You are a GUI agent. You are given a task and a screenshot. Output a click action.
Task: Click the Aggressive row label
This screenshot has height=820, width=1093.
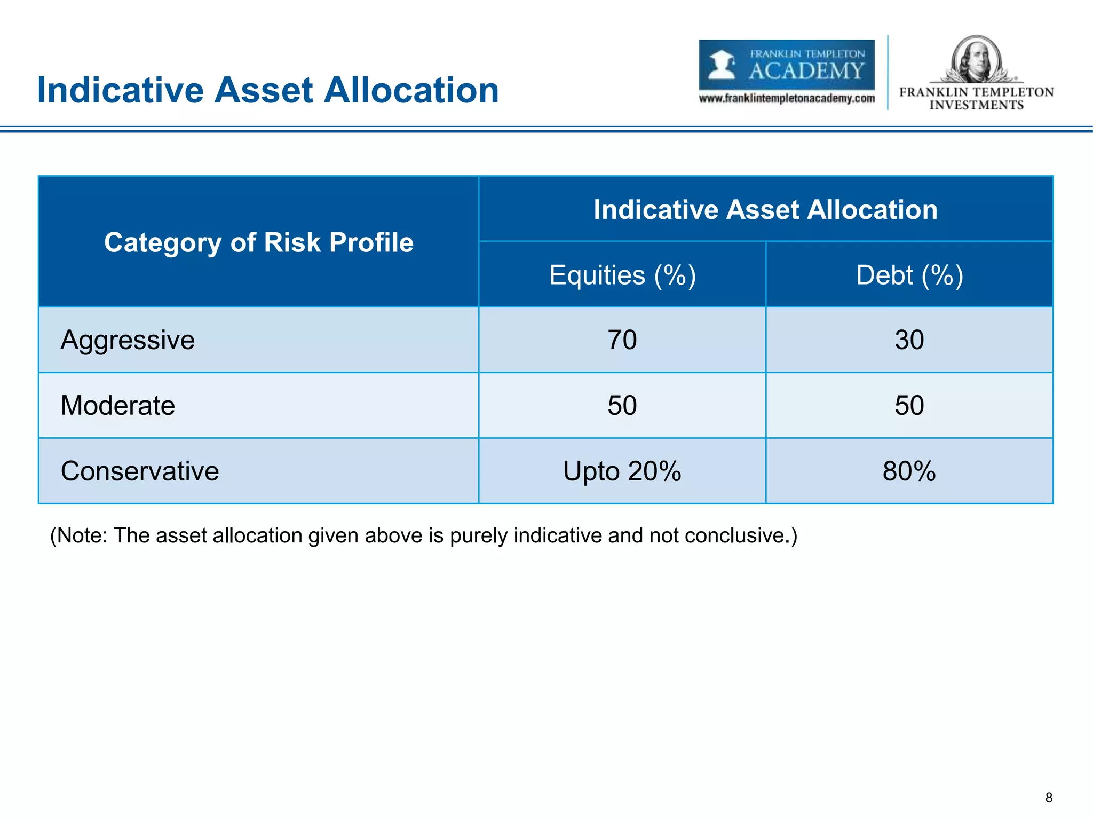128,340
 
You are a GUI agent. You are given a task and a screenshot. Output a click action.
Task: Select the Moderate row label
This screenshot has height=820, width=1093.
118,406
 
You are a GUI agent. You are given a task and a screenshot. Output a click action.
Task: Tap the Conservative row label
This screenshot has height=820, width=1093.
140,471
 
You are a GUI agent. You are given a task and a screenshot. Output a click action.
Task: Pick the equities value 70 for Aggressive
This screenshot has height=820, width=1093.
622,340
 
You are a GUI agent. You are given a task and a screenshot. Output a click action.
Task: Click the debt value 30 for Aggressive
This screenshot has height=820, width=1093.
909,340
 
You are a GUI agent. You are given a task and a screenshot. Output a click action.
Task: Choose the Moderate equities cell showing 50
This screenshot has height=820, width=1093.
622,406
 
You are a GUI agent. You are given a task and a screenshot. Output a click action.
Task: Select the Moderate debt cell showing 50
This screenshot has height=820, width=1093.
909,406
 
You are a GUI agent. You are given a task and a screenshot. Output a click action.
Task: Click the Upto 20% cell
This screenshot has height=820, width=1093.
622,471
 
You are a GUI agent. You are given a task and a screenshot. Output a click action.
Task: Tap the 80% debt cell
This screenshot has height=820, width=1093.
909,471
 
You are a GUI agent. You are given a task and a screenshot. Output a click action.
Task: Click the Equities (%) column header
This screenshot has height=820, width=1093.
622,275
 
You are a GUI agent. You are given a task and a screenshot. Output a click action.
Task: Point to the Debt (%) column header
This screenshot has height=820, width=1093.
909,275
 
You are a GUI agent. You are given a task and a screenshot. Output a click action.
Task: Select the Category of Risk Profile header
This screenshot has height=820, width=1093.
259,242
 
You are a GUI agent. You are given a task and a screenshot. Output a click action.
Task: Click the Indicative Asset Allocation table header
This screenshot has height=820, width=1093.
765,209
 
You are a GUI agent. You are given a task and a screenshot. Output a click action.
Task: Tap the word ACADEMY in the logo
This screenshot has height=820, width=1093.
806,70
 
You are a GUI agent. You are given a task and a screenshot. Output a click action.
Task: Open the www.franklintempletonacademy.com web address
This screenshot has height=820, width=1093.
787,99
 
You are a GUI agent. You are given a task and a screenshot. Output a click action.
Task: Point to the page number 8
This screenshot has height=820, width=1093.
1049,798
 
